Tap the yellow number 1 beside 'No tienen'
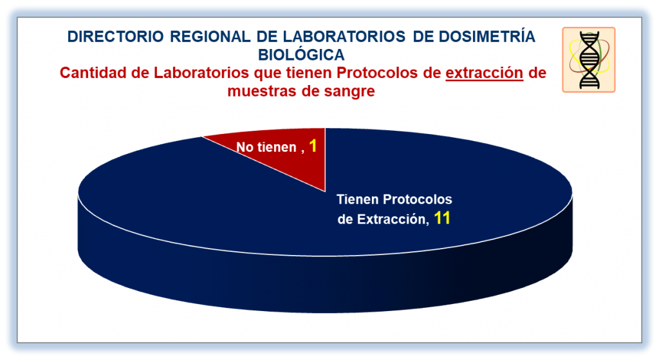313,146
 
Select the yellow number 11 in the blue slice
442,218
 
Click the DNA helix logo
589,60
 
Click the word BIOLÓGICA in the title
301,55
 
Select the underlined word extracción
484,73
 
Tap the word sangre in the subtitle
349,91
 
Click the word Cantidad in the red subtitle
93,73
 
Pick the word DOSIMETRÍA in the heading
487,37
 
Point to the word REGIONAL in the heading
210,37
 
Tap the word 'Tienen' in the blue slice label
358,199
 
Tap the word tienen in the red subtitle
310,73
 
